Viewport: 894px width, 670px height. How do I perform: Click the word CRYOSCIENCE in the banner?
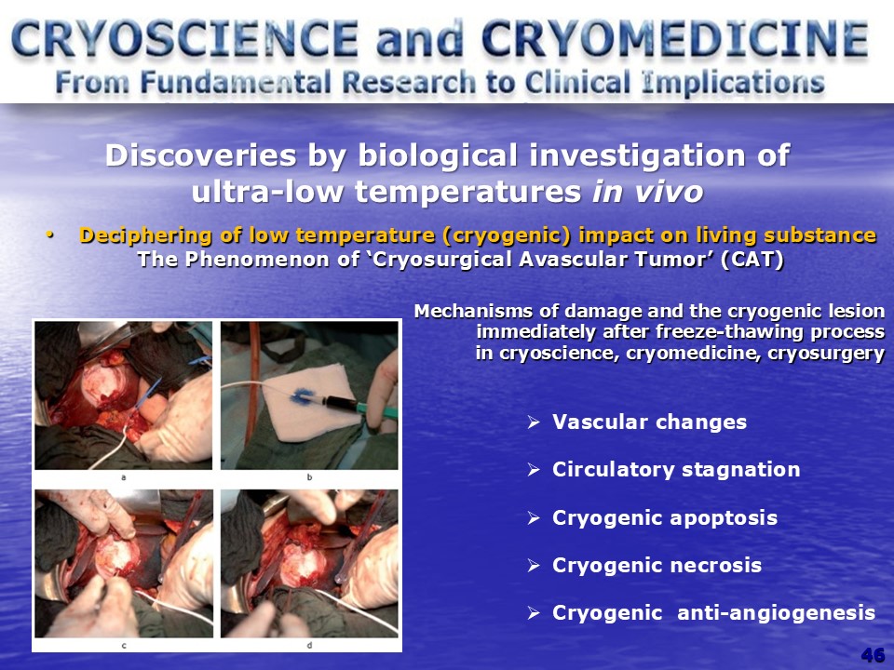click(184, 39)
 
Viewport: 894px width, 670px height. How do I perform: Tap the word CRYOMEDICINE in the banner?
click(676, 39)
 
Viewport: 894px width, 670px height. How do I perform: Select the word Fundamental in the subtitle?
click(236, 83)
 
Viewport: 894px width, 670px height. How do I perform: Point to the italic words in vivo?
click(647, 192)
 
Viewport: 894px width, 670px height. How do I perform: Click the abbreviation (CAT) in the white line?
click(752, 260)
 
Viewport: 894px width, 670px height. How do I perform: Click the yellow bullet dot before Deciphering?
click(50, 234)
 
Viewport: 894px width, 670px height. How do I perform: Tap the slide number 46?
click(873, 655)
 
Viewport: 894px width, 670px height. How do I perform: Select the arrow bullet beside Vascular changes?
click(534, 422)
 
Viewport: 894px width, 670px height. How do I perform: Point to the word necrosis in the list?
click(715, 565)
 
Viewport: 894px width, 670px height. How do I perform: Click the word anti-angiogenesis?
click(776, 613)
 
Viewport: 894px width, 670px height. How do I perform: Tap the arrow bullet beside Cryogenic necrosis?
click(534, 566)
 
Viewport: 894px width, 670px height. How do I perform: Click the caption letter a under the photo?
click(124, 477)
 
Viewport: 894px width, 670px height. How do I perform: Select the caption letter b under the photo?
click(309, 477)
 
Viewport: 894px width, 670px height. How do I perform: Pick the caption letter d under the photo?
click(309, 646)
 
